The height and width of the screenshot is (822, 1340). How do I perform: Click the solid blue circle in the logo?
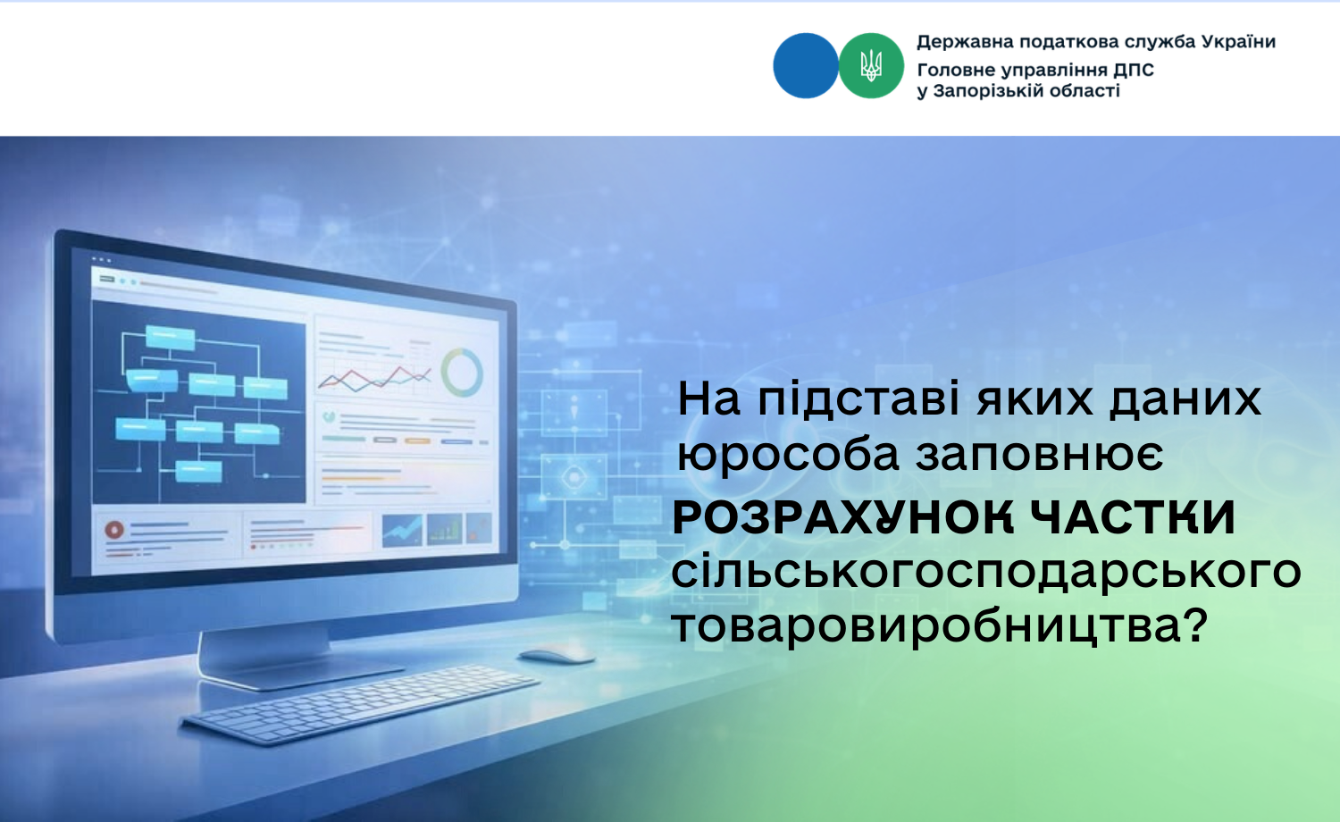(805, 65)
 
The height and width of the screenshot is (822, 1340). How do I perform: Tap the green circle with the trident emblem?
(871, 65)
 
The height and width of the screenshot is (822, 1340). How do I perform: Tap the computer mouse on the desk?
(557, 656)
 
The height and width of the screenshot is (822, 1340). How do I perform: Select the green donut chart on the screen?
(462, 372)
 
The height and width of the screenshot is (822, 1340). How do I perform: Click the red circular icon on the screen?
(114, 530)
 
